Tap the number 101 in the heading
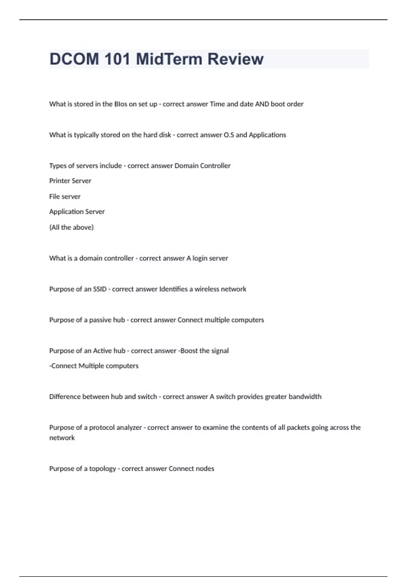coord(117,59)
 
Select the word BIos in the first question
coord(121,104)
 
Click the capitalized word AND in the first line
coord(262,104)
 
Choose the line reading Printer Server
coord(70,181)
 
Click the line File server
coord(65,197)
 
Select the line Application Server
coord(77,212)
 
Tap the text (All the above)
coord(71,227)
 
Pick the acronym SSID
coord(100,289)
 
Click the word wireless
coord(207,289)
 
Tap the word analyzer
coord(129,428)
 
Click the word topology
coord(102,469)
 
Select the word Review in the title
coord(235,59)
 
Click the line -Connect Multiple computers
coord(94,366)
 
